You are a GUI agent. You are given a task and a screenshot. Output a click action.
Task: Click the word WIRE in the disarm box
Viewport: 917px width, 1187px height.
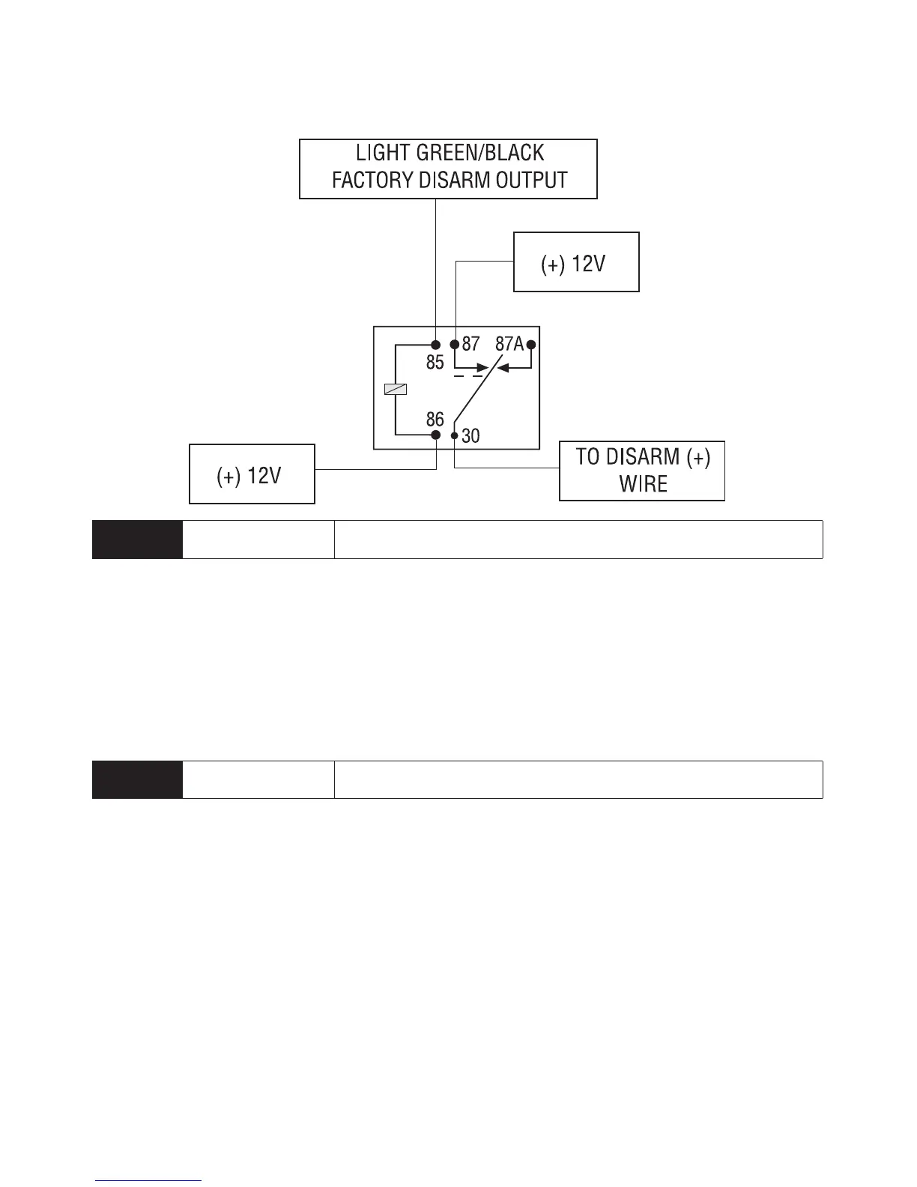pos(643,484)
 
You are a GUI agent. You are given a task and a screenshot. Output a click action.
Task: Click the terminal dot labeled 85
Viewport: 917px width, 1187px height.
pos(436,345)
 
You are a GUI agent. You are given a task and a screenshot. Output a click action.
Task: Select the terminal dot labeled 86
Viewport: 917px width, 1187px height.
pos(436,435)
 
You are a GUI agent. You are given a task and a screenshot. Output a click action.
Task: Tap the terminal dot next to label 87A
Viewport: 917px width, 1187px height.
pos(531,345)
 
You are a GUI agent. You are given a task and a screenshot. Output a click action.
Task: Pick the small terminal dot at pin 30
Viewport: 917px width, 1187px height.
pos(454,435)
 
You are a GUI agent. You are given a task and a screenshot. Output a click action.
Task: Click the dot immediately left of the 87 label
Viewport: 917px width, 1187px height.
pos(454,345)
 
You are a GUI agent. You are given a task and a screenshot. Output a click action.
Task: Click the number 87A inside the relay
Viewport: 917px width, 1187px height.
pos(509,344)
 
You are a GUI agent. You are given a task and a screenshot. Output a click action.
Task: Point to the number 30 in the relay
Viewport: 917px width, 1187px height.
pos(470,435)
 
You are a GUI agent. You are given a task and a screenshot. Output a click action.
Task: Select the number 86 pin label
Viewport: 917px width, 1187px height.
pos(435,419)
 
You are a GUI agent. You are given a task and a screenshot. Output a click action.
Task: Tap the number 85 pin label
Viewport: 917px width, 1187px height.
pos(435,363)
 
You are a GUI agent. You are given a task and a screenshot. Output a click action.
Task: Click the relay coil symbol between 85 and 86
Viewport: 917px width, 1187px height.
pos(395,389)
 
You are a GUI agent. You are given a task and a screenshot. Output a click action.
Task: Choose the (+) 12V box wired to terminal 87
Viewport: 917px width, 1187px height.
pos(575,262)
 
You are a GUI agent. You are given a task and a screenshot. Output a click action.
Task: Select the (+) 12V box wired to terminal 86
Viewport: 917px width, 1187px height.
pos(252,474)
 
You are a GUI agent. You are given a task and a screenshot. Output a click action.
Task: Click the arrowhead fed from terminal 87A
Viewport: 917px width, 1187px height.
pos(503,368)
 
